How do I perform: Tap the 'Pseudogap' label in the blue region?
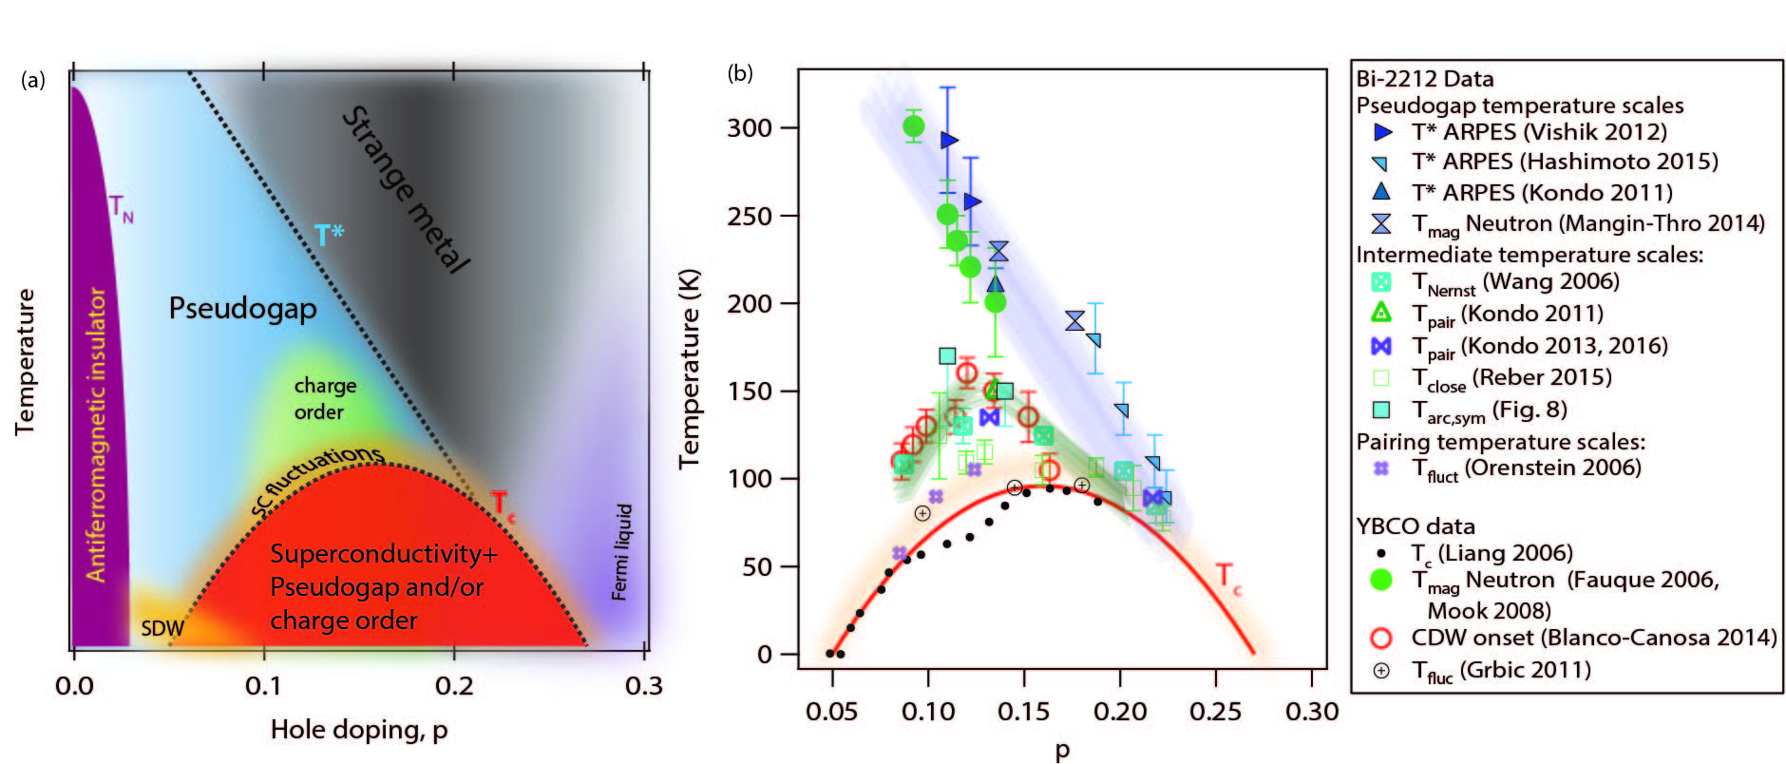pos(242,308)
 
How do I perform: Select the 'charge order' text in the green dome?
pos(324,398)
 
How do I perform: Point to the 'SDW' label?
pos(162,628)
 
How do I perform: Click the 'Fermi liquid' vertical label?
pos(620,552)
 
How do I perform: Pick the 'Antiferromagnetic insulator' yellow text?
pos(96,435)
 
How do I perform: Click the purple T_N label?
pos(121,207)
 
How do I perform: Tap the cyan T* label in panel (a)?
pos(329,234)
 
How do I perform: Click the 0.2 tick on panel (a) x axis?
pos(454,685)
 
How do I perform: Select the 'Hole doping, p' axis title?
pos(358,729)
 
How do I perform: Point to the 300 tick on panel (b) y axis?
pos(750,127)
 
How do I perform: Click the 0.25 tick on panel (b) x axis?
pos(1215,711)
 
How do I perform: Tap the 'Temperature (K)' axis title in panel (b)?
pos(689,369)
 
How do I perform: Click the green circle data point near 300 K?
pos(913,126)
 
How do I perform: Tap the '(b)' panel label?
pos(740,73)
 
